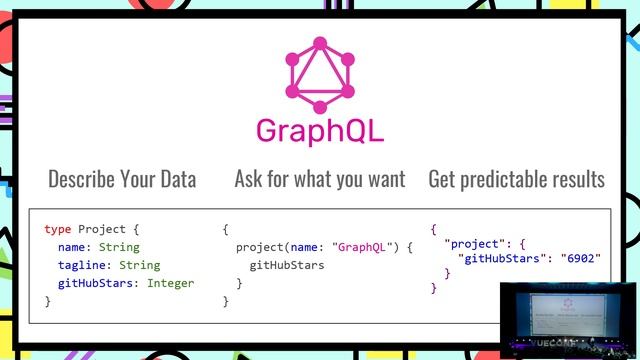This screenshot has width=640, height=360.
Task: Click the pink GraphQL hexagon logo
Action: point(320,75)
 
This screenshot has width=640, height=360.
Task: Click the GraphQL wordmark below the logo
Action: point(320,131)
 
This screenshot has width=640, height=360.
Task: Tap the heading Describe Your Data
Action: point(122,180)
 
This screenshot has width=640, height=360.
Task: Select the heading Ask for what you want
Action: point(320,180)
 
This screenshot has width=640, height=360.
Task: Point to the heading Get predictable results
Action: point(516,180)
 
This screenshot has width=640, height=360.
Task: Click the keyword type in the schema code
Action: point(58,229)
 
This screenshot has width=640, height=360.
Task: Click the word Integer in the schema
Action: point(171,283)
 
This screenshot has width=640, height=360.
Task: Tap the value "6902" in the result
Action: point(579,258)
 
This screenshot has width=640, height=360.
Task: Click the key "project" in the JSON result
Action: point(474,243)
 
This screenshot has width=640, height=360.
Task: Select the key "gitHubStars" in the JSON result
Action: point(503,258)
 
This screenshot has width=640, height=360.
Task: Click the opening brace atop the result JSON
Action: point(433,229)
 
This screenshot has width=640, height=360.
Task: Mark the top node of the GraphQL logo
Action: point(320,43)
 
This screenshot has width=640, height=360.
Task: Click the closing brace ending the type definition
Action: point(47,301)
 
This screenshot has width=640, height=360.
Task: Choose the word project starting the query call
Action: point(261,247)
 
